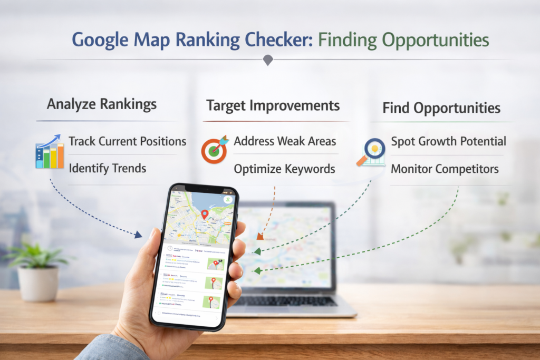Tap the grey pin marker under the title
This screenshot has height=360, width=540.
click(x=268, y=60)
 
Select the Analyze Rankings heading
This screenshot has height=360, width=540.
click(x=102, y=104)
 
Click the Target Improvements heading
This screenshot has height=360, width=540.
click(x=273, y=105)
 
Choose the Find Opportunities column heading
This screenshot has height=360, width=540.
click(x=441, y=108)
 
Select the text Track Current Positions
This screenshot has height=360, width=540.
click(x=128, y=141)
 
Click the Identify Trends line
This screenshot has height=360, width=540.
click(x=108, y=169)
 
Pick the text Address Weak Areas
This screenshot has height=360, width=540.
click(x=285, y=141)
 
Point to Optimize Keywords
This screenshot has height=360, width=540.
click(x=285, y=169)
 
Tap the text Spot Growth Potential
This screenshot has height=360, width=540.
click(x=448, y=141)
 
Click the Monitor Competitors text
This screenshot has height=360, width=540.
click(x=445, y=169)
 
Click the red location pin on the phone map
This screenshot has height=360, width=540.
click(x=205, y=214)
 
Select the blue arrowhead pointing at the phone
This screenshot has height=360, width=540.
click(x=139, y=234)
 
